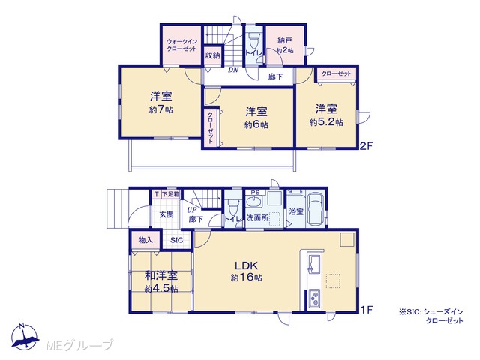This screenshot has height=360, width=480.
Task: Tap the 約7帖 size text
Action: [161, 109]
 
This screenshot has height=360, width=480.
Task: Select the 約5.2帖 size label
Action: [326, 122]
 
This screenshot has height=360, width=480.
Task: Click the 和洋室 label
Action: [161, 275]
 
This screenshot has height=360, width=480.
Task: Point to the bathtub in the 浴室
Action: [315, 209]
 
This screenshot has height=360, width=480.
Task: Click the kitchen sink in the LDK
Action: [314, 263]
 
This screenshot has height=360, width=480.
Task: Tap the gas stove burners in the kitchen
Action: [314, 298]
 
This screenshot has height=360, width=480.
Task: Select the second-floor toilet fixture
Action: [253, 39]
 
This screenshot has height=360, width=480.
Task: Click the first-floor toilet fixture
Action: [232, 207]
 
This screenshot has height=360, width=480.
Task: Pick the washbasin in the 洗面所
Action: [254, 202]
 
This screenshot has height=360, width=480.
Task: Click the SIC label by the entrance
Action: [177, 240]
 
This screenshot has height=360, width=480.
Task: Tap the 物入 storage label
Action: [145, 240]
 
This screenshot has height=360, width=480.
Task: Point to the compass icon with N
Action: [25, 337]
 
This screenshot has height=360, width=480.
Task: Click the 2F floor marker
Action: [366, 146]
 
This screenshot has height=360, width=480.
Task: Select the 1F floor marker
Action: [367, 310]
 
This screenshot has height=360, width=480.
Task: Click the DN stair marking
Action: [233, 70]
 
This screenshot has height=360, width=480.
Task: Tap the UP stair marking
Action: [192, 211]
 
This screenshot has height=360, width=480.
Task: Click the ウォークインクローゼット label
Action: [181, 45]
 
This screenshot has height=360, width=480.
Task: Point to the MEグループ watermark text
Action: [79, 345]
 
